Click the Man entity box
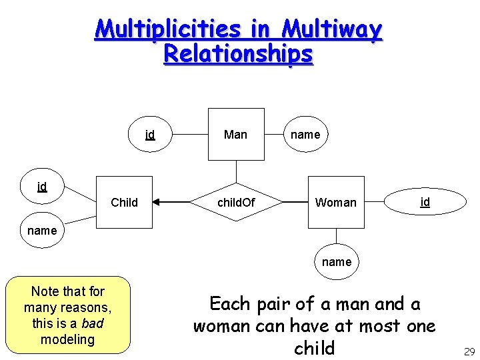tap(235, 135)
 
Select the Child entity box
tap(124, 202)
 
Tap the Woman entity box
tap(336, 202)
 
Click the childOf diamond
tap(237, 202)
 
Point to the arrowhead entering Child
tap(157, 201)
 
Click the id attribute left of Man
tap(150, 135)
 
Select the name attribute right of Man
tap(305, 135)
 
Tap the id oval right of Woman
tap(425, 201)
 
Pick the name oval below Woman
tap(337, 262)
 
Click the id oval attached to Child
tap(42, 186)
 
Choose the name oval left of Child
tap(42, 231)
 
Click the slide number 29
tap(468, 352)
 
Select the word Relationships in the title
tap(238, 53)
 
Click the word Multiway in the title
tap(332, 29)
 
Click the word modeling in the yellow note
tap(67, 339)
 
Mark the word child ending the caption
tap(314, 349)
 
